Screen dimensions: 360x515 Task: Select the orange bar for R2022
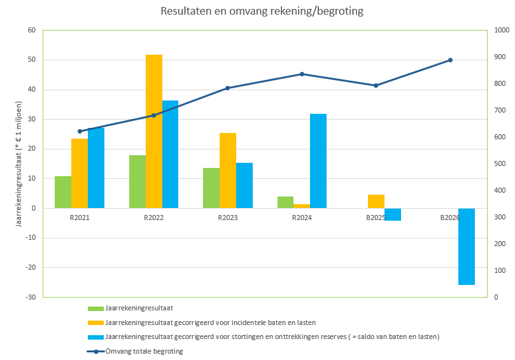(154, 131)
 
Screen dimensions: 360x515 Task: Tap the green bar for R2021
(63, 192)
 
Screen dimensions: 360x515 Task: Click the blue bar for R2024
(318, 161)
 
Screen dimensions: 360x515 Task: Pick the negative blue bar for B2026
(467, 246)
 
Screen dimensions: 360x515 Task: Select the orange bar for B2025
(376, 201)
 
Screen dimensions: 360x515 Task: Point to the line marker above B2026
(450, 60)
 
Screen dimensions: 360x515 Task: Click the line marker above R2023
(227, 88)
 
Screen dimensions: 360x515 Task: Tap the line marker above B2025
(376, 85)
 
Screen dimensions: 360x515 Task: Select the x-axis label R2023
(227, 218)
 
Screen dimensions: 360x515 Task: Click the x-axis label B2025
(376, 218)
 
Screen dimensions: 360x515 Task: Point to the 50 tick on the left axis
(31, 60)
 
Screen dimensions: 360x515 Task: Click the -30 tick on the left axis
(30, 297)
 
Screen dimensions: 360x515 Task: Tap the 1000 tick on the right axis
(502, 31)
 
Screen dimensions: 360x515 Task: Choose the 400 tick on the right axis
(500, 190)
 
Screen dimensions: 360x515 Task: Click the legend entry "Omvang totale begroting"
(145, 351)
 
